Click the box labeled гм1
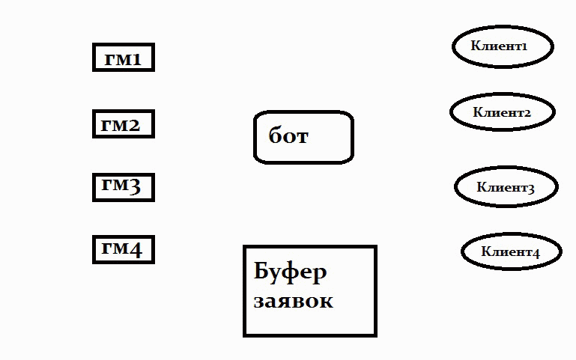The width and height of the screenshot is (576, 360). click(123, 58)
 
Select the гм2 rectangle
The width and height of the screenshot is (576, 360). click(123, 124)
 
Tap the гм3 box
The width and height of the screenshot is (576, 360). click(123, 187)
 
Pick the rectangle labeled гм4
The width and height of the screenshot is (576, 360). click(123, 249)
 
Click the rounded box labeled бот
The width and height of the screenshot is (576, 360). click(303, 137)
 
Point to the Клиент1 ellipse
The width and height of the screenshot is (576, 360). click(502, 46)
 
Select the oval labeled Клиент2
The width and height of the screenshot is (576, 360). click(502, 112)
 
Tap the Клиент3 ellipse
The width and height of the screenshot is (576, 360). click(506, 187)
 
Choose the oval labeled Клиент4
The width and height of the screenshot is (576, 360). click(511, 252)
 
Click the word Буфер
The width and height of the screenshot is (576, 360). click(291, 272)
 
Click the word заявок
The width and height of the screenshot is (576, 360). click(293, 302)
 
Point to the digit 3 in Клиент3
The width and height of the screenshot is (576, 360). click(530, 189)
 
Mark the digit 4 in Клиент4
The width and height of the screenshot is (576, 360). click(536, 253)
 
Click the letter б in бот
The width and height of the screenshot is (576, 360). click(276, 136)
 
